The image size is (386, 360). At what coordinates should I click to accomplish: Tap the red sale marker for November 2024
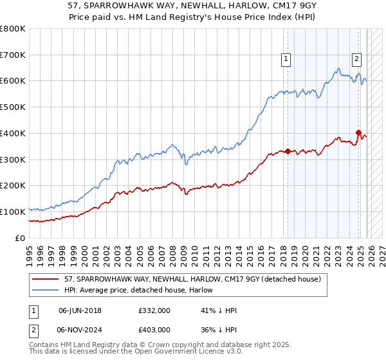pos(358,132)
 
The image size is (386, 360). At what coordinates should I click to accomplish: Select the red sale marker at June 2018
pos(288,151)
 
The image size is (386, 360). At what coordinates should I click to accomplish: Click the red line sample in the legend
pos(46,278)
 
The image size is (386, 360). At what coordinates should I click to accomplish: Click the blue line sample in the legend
pos(46,290)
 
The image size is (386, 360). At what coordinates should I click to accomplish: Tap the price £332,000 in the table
pos(154,311)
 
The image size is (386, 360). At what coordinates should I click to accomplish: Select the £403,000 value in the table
pos(154,329)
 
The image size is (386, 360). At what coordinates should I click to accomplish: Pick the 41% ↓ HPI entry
pos(219,311)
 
